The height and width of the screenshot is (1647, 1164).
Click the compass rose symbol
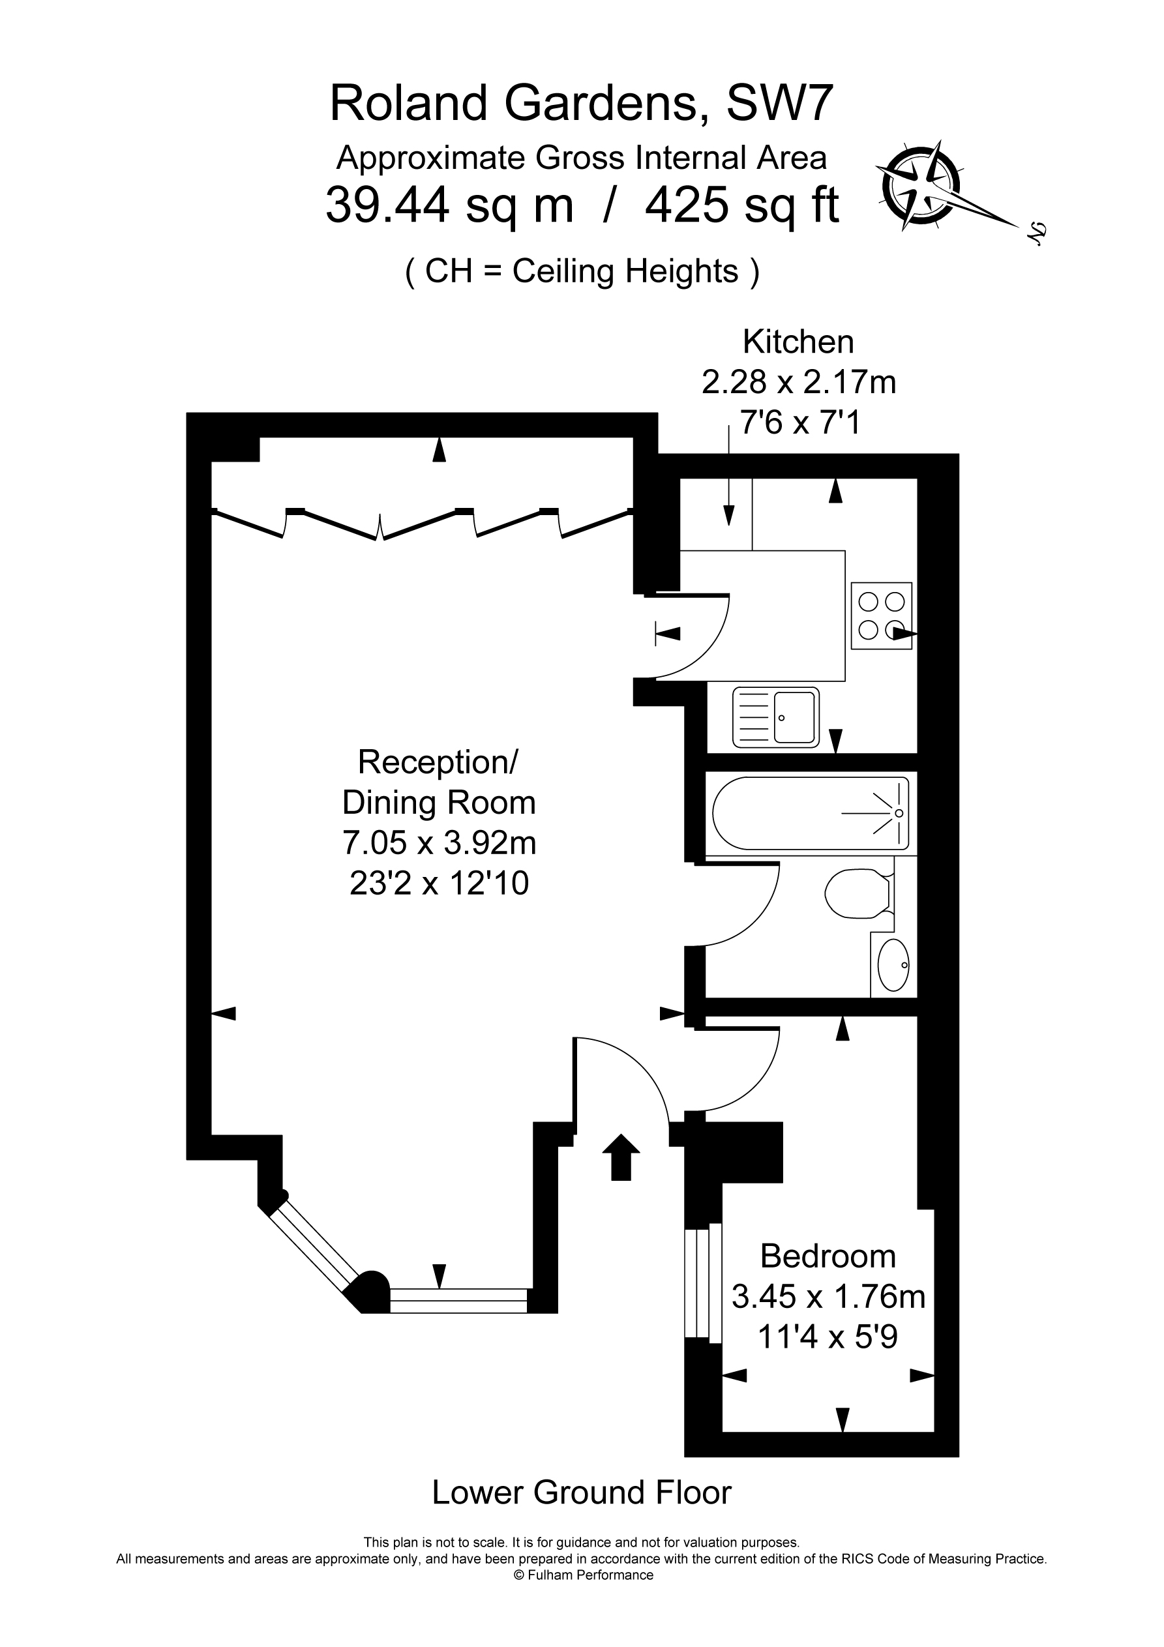(921, 186)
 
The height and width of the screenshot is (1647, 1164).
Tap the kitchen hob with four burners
(881, 616)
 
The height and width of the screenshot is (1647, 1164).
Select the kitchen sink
(776, 717)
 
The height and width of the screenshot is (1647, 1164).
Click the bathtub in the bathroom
(811, 814)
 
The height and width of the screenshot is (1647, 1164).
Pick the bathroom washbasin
(893, 965)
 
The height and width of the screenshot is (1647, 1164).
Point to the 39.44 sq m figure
(450, 205)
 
